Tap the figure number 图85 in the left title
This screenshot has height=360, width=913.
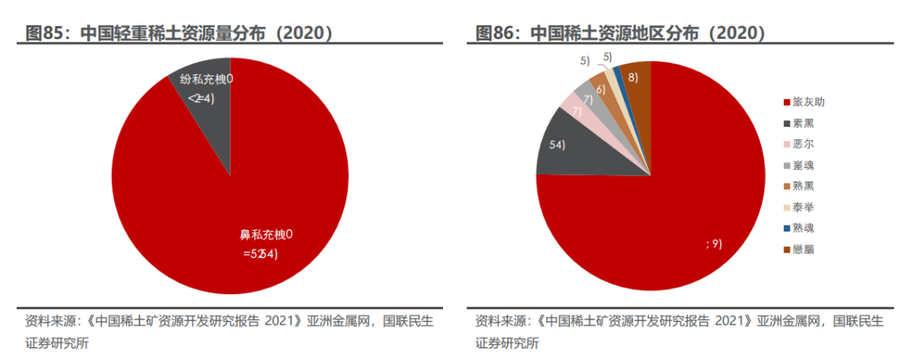pos(48,34)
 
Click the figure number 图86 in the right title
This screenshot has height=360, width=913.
pos(498,34)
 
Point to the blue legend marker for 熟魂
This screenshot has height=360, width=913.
pos(787,228)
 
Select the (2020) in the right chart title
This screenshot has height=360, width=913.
pos(736,34)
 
